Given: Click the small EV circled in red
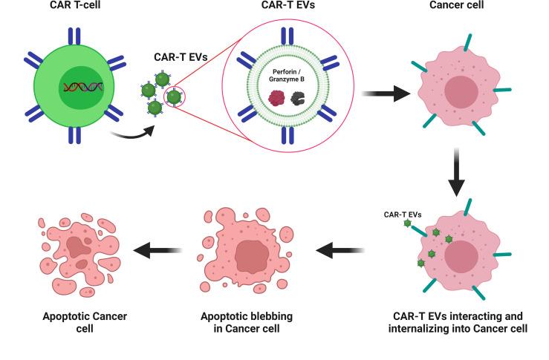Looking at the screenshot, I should click(174, 96).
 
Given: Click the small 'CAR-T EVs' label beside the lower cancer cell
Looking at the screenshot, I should click(402, 215).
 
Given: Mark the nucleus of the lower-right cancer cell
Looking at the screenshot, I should click(462, 258).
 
